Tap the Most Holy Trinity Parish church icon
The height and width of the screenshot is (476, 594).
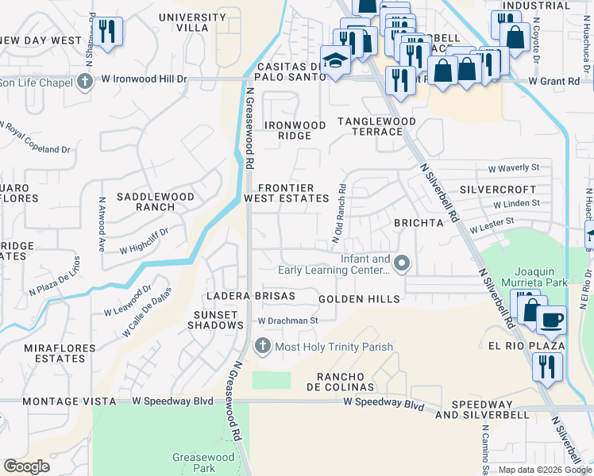point(263,347)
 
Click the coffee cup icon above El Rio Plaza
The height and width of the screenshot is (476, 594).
point(551,320)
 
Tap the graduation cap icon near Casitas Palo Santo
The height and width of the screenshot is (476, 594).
point(337,63)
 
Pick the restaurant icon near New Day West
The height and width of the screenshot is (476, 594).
point(109,32)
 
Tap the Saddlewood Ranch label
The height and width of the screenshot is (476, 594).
point(145,202)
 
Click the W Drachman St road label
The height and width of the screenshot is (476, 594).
point(287,321)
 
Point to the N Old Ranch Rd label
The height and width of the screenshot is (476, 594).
point(339,214)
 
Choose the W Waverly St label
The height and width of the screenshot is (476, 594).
point(513,167)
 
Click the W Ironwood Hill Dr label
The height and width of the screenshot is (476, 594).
point(143,80)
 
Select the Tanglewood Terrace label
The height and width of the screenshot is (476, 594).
point(376,126)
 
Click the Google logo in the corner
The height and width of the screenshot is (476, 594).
point(27,466)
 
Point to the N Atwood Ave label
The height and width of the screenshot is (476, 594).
point(102,225)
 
